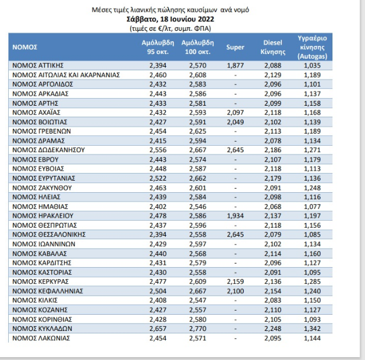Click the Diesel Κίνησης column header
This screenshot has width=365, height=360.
[273, 46]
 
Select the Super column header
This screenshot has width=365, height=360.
[235, 46]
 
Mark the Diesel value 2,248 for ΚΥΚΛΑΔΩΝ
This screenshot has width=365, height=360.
[273, 329]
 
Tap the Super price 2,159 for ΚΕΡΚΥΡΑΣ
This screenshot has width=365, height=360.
[235, 281]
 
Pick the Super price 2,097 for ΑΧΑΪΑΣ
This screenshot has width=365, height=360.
[235, 112]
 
